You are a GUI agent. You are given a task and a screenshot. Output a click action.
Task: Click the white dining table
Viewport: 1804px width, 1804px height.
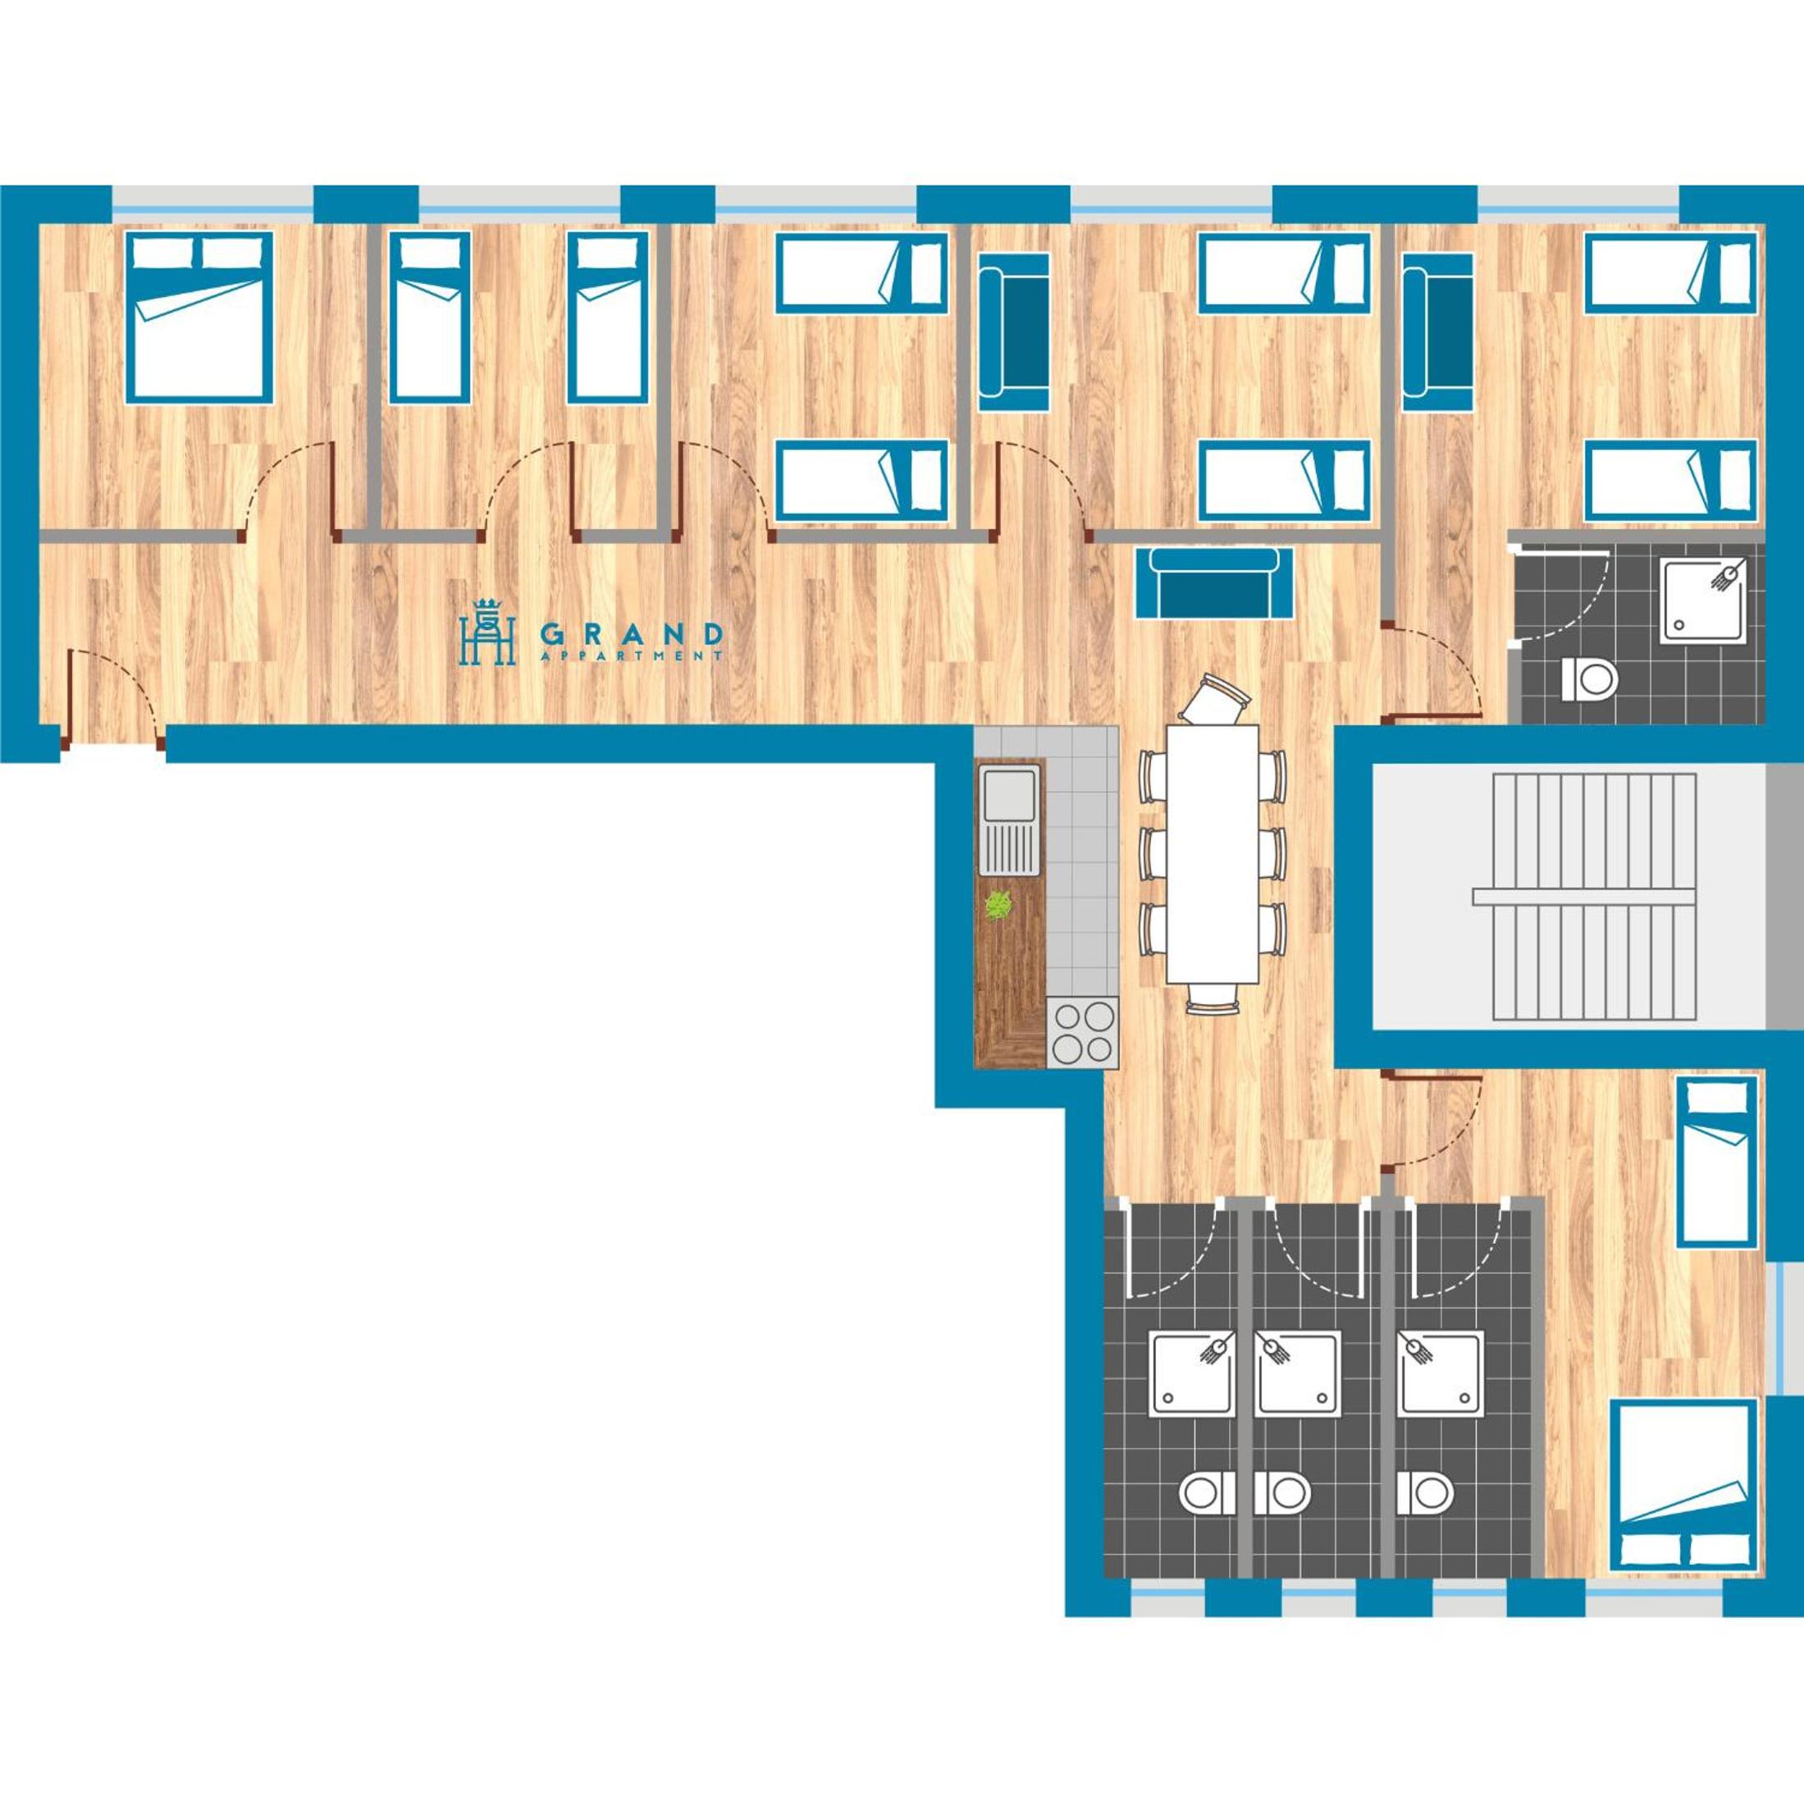point(1212,852)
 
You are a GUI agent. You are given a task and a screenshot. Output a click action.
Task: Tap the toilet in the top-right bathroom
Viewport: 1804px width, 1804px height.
point(1588,677)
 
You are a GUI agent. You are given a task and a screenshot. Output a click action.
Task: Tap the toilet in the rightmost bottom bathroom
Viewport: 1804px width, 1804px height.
point(1425,1493)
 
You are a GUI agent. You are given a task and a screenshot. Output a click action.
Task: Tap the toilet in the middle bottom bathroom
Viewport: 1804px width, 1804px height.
point(1282,1493)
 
